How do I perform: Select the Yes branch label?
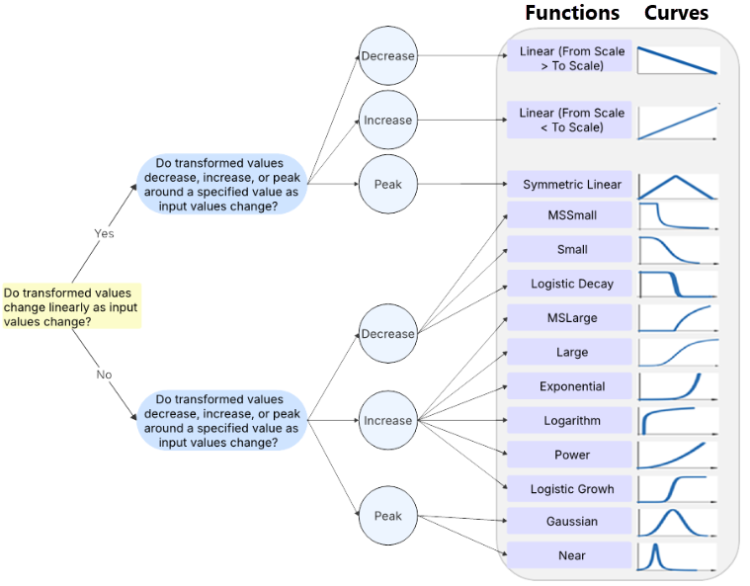click(104, 233)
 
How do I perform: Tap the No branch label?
click(104, 376)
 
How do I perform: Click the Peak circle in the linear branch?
click(387, 184)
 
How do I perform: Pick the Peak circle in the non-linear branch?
click(387, 516)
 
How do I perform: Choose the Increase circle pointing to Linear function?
click(387, 120)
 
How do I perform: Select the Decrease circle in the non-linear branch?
click(387, 334)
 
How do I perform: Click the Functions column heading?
click(572, 13)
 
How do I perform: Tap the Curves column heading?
click(676, 13)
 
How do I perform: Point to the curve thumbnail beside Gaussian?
click(677, 521)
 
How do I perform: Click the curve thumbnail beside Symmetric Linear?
click(677, 185)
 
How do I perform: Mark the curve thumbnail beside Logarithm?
click(677, 420)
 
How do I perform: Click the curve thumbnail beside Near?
click(677, 555)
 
